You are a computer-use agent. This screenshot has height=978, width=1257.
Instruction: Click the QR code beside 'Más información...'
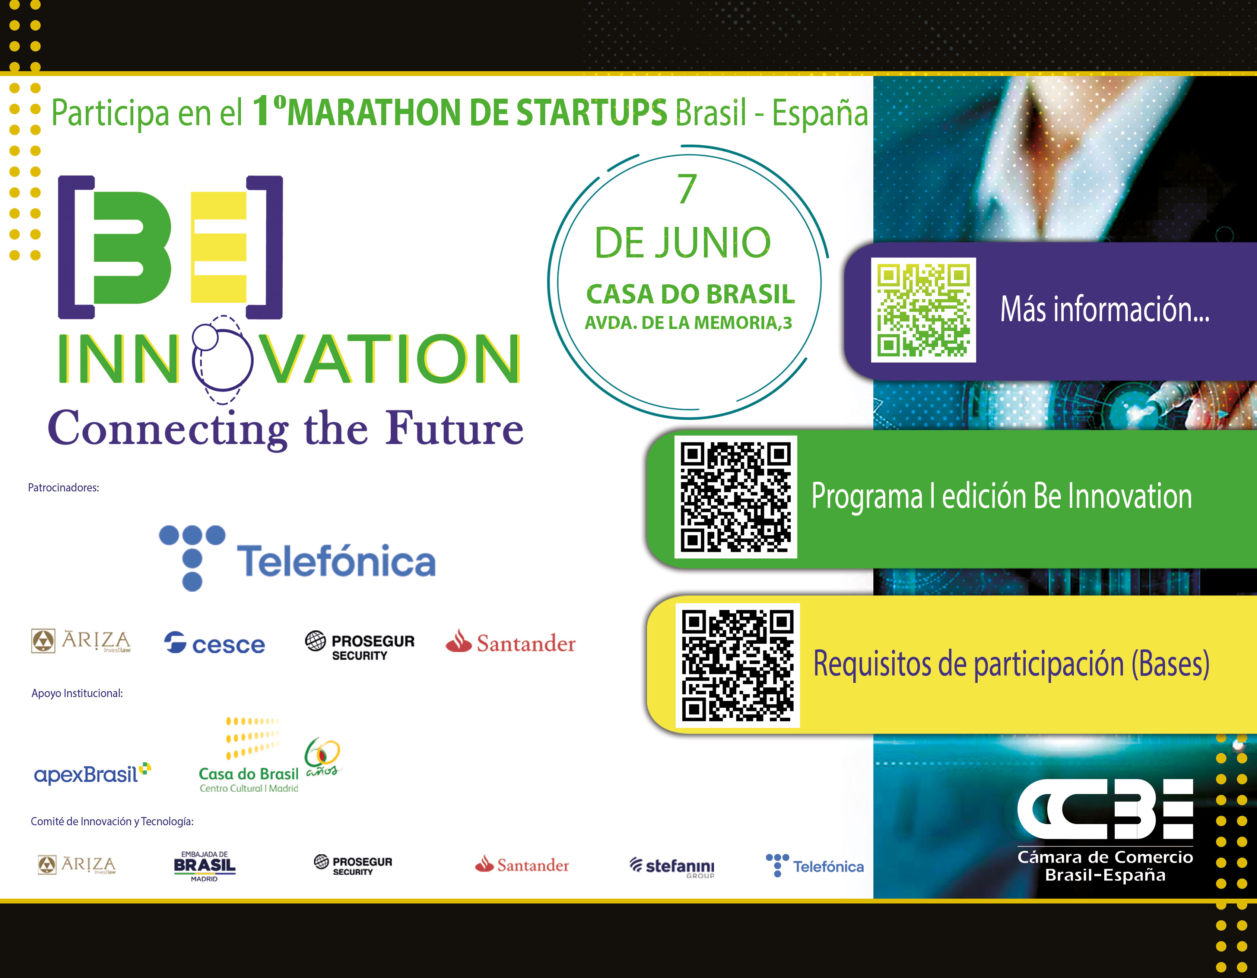923,310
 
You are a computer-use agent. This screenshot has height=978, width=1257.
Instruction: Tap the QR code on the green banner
736,497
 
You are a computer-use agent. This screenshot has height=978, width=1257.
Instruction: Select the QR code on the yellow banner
737,665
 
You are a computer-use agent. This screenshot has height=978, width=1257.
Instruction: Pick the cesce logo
214,643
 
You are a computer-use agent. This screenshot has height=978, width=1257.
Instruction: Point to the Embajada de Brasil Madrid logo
204,866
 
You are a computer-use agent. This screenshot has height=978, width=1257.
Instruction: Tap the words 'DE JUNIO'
683,243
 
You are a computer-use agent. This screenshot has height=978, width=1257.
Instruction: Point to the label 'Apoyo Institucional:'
77,693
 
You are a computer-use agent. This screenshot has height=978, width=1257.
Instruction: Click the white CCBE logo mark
1105,809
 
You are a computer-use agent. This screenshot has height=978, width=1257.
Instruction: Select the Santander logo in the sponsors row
511,642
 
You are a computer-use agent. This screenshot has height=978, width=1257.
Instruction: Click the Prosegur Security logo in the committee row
353,865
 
